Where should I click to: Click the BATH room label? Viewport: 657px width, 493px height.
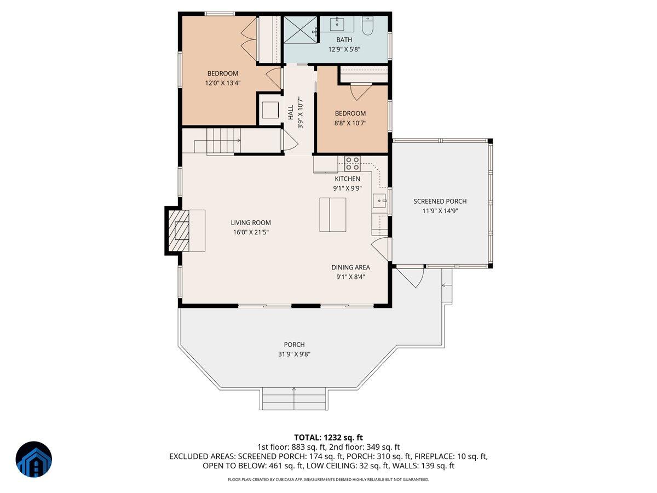click(x=344, y=39)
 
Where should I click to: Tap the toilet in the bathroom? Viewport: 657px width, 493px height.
click(x=367, y=25)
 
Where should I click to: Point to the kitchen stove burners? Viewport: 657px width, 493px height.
click(x=352, y=163)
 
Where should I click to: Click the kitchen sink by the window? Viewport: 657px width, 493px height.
click(x=379, y=200)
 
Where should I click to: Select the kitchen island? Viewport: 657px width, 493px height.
click(x=333, y=215)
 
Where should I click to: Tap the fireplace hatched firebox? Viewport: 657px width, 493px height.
click(x=178, y=230)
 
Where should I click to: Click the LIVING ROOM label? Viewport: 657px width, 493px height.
click(x=251, y=223)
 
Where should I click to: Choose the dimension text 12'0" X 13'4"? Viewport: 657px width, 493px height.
click(x=222, y=83)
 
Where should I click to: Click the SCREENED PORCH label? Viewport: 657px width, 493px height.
click(x=440, y=202)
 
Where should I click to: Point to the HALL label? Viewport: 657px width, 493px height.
click(x=290, y=113)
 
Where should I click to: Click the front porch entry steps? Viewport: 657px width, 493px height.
click(x=294, y=398)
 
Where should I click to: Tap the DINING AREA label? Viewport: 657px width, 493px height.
click(x=350, y=267)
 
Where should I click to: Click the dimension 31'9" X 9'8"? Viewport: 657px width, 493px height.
click(x=294, y=354)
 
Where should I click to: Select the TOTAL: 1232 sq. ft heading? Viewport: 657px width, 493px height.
click(x=328, y=437)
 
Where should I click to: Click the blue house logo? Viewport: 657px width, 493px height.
click(x=33, y=459)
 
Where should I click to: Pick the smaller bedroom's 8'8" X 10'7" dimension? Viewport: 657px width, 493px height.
click(x=350, y=123)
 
